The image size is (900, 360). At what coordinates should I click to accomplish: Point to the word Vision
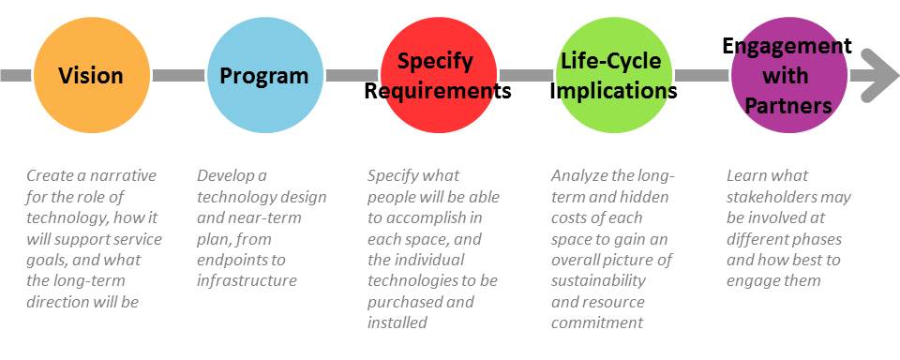(x=91, y=75)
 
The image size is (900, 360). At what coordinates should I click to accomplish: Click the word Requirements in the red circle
(x=438, y=91)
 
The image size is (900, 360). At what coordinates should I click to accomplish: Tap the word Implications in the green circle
(x=613, y=91)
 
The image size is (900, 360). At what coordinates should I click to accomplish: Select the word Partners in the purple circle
(x=787, y=105)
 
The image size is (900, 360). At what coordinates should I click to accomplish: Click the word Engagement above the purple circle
(x=787, y=46)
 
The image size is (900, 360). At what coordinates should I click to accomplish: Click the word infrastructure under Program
(x=247, y=280)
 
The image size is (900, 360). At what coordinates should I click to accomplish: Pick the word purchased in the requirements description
(x=403, y=302)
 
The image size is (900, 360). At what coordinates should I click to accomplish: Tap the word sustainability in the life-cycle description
(x=598, y=280)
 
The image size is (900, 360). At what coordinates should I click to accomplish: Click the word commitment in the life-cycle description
(x=596, y=322)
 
